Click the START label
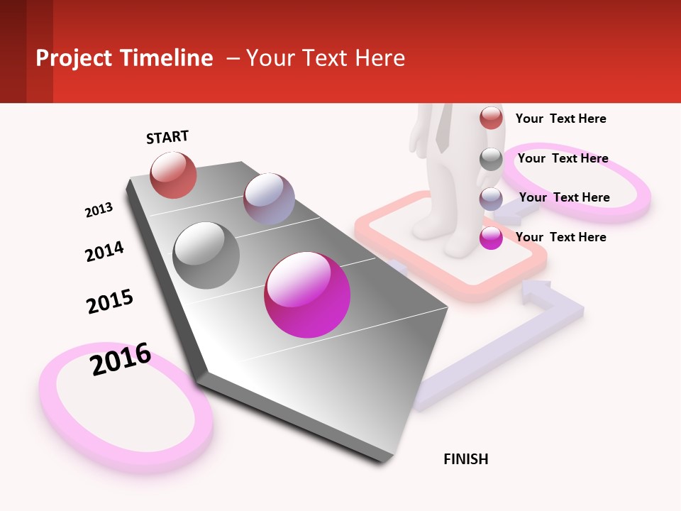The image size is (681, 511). tap(167, 137)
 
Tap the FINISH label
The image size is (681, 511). tap(465, 459)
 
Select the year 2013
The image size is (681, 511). tap(99, 210)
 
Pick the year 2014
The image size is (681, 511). tap(104, 251)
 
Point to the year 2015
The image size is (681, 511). tap(110, 301)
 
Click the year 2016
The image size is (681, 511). tap(121, 358)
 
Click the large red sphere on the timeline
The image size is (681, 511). tap(173, 175)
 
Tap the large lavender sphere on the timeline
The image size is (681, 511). tap(269, 199)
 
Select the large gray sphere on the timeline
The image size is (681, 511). tap(206, 255)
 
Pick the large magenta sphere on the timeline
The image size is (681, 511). tap(307, 295)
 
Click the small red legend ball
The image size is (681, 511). tap(491, 118)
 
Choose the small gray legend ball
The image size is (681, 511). tap(491, 159)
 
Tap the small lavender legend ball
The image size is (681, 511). tap(491, 199)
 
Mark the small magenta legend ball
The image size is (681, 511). tap(491, 238)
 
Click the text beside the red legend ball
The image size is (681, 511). tap(560, 119)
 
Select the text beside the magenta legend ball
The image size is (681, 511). tap(560, 237)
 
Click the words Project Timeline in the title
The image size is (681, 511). tap(124, 58)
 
